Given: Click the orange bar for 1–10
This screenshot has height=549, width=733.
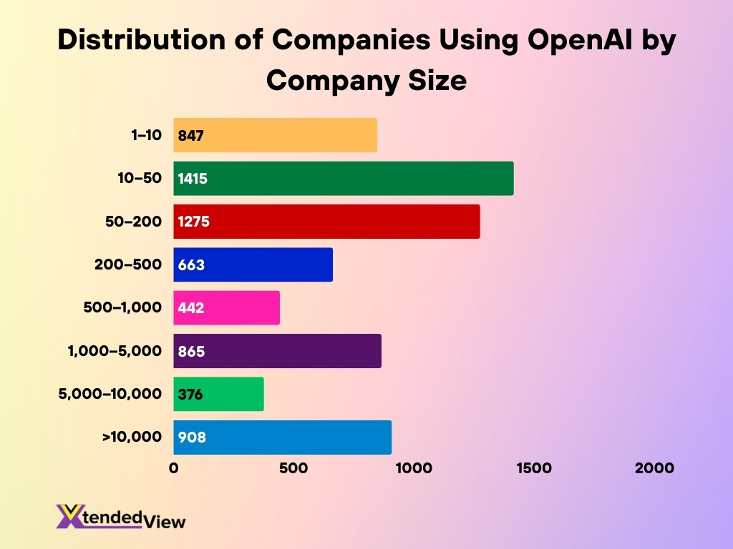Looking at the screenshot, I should [x=275, y=135].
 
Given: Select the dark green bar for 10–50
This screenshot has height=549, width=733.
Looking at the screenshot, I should [x=344, y=178].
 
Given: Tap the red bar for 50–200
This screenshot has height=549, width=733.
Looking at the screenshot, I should [x=326, y=222].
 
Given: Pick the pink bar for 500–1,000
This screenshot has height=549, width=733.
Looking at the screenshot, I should [x=227, y=308].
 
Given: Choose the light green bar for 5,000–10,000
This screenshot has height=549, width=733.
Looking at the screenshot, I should [x=218, y=394].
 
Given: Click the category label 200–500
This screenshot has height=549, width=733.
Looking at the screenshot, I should [x=128, y=265].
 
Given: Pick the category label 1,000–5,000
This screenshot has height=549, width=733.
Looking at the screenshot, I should [x=115, y=351].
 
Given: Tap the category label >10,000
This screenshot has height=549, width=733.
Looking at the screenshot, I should [x=132, y=437].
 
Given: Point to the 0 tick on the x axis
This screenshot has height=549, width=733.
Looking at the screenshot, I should [x=173, y=468].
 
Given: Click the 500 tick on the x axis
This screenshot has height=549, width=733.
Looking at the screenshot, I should [x=293, y=468].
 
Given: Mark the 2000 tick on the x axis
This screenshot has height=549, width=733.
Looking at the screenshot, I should [x=653, y=468].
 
